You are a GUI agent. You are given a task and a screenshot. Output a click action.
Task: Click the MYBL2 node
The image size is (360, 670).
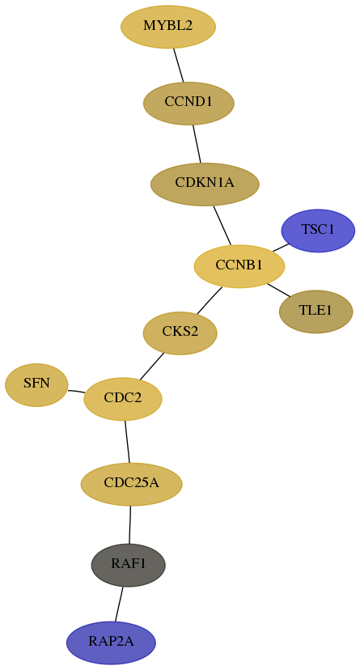tap(168, 27)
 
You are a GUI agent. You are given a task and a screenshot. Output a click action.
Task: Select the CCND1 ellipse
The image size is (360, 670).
tap(188, 103)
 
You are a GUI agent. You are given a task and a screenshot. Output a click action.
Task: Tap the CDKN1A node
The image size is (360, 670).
tap(205, 184)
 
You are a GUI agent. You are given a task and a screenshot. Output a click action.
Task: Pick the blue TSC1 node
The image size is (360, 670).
tap(318, 231)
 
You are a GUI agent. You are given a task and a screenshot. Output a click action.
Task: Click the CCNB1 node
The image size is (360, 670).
tap(239, 266)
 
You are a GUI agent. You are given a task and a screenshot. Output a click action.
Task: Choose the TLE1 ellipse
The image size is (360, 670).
tap(316, 312)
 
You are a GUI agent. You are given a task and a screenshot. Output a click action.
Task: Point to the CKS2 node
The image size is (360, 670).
tap(180, 333)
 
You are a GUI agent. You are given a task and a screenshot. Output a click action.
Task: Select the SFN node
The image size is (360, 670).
tap(36, 384)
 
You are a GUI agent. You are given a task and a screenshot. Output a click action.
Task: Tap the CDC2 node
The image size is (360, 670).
tap(123, 399)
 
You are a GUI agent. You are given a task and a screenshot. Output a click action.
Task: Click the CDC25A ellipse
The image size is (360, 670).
tap(132, 484)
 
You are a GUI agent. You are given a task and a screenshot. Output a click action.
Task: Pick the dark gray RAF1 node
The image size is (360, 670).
tap(129, 565)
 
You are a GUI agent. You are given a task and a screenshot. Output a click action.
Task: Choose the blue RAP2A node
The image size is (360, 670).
tap(111, 642)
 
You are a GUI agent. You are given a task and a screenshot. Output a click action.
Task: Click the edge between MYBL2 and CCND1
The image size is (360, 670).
tap(179, 65)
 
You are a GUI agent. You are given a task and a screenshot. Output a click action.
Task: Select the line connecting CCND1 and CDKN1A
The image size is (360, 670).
tap(197, 143)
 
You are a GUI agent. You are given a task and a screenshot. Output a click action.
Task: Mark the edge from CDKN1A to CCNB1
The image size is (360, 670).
tap(222, 226)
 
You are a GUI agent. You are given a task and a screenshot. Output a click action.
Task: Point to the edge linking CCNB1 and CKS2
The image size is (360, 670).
tap(210, 300)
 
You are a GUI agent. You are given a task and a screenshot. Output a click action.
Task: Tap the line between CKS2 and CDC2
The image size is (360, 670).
tap(151, 367)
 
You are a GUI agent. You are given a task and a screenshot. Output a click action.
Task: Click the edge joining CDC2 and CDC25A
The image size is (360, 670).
tap(127, 442)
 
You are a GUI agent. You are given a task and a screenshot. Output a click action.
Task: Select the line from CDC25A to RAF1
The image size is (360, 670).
tap(129, 524)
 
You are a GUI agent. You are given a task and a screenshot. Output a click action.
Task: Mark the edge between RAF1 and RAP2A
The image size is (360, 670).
tap(119, 604)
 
